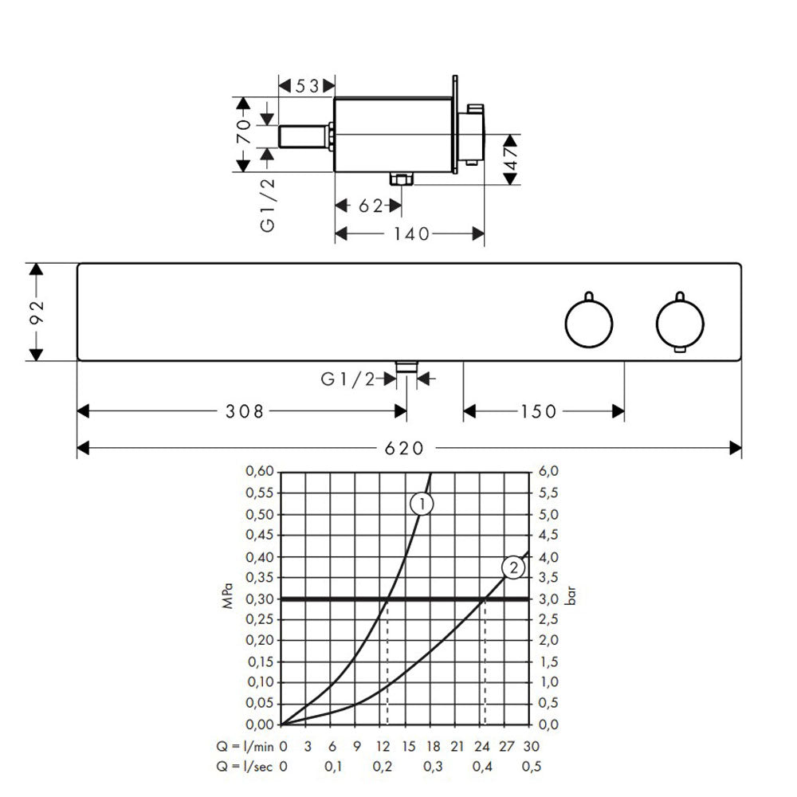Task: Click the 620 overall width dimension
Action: [404, 448]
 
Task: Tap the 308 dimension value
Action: [245, 411]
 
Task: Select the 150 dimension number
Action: [538, 411]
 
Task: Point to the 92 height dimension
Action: [37, 312]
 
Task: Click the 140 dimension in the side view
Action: [412, 234]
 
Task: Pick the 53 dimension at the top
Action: [307, 86]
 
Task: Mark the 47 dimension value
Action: [511, 159]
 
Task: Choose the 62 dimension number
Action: [371, 206]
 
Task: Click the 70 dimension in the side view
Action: [243, 132]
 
